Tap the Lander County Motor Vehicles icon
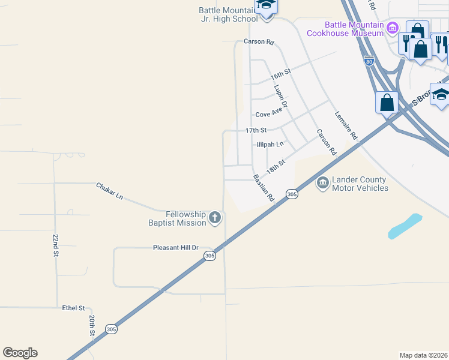[x=323, y=182]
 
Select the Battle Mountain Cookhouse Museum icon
[x=393, y=28]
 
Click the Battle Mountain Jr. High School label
[x=229, y=14]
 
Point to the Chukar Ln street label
[x=109, y=191]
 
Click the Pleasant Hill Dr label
[x=175, y=247]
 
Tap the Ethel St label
[x=74, y=308]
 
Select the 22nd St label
[x=55, y=246]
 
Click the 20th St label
[x=92, y=325]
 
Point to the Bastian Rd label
[x=264, y=187]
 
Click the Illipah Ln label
[x=270, y=145]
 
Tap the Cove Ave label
[x=268, y=114]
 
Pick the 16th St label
[x=280, y=75]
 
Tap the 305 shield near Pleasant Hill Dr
[x=209, y=256]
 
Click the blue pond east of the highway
[x=405, y=226]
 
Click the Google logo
[x=20, y=353]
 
